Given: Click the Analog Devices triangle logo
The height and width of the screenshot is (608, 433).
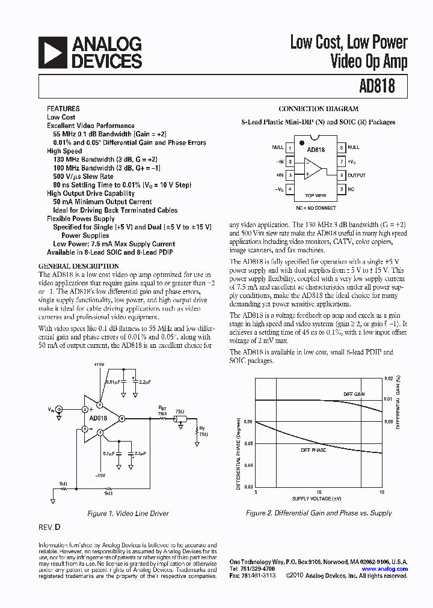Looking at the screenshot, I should tap(52, 52).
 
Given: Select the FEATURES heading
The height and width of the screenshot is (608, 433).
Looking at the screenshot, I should tap(63, 109).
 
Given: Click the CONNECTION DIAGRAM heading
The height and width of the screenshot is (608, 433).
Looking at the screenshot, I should tap(319, 109).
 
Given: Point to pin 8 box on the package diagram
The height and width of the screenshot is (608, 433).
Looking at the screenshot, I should tap(342, 147).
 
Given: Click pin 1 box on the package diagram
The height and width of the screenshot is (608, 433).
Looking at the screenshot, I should tap(290, 147).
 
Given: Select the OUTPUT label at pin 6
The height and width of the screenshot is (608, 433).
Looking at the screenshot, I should tap(357, 175).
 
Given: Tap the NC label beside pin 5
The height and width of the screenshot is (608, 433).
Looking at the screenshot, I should tap(351, 189).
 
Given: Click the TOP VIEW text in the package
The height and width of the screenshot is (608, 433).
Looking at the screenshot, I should tap(316, 195).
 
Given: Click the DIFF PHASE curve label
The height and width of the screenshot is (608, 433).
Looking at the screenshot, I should tap(314, 449).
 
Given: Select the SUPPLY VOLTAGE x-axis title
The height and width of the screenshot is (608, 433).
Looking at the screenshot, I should tap(317, 499).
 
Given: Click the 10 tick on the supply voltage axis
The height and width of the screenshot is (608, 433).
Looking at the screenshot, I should tap(319, 492).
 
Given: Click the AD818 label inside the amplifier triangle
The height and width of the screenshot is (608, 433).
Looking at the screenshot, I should tap(98, 418).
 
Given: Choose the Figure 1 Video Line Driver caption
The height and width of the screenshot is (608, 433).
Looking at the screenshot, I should tap(127, 514).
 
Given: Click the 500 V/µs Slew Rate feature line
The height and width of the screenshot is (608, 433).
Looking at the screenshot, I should tap(83, 177).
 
